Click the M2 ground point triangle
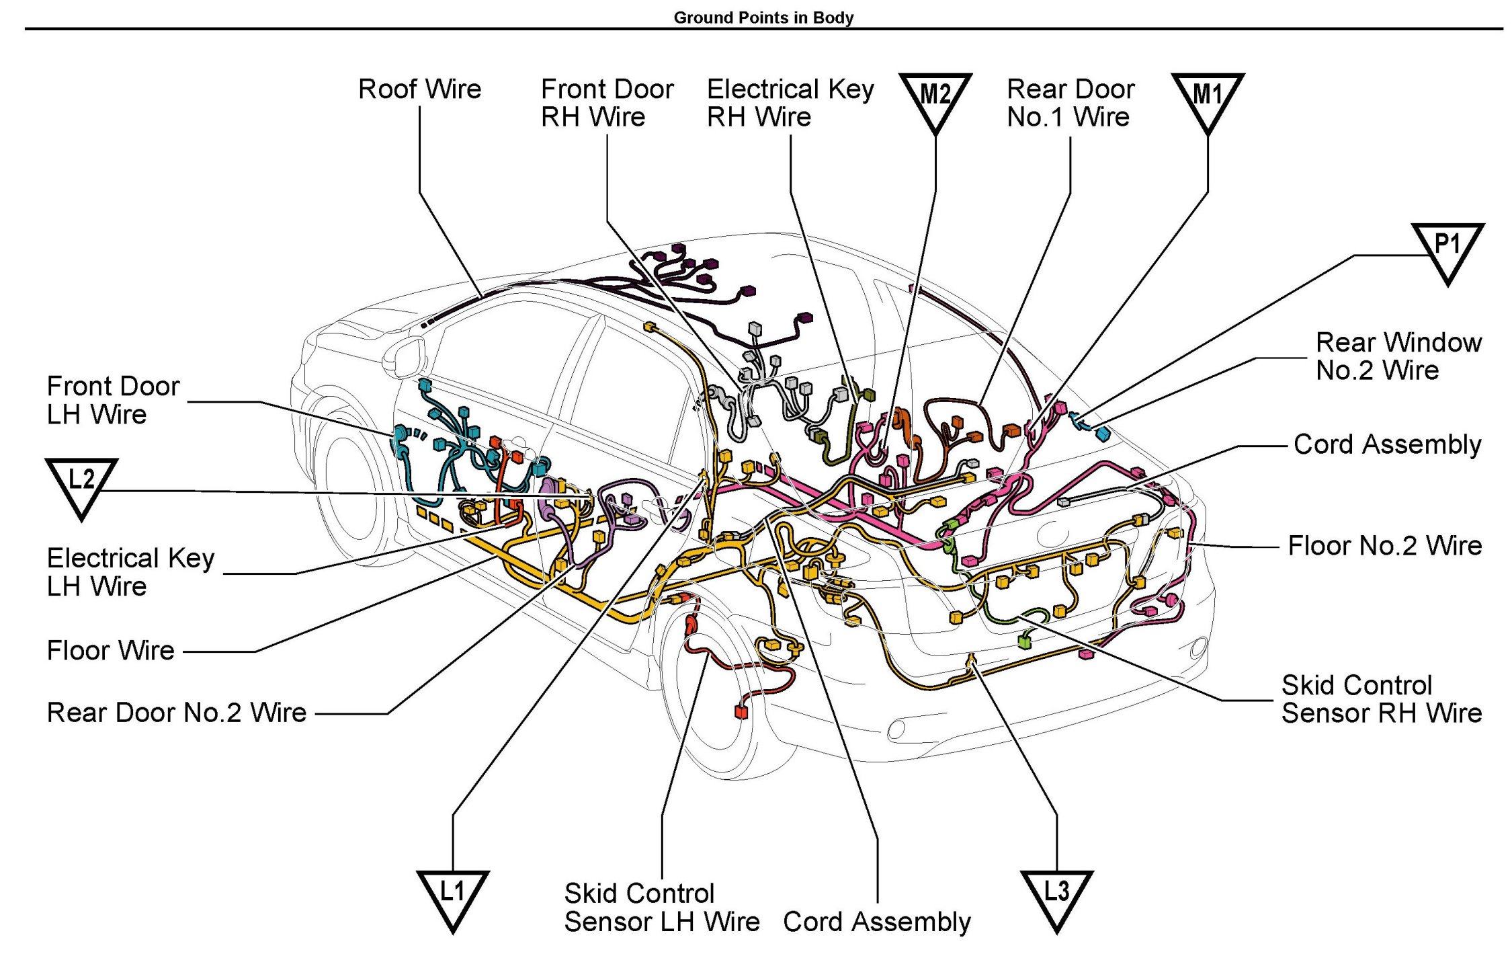pyautogui.click(x=935, y=98)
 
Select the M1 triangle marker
pyautogui.click(x=1208, y=98)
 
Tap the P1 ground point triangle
pyautogui.click(x=1447, y=248)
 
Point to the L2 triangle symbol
pyautogui.click(x=81, y=483)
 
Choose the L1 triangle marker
pyautogui.click(x=452, y=896)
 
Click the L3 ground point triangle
pyautogui.click(x=1056, y=896)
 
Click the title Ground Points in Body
pyautogui.click(x=763, y=17)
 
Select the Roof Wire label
pyautogui.click(x=419, y=89)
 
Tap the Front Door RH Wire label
pyautogui.click(x=607, y=103)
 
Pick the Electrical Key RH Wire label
pyautogui.click(x=790, y=103)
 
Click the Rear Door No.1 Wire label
pyautogui.click(x=1070, y=103)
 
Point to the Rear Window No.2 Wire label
pyautogui.click(x=1398, y=356)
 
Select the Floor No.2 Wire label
pyautogui.click(x=1384, y=546)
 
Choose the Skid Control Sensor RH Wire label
pyautogui.click(x=1381, y=699)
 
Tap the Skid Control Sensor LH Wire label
pyautogui.click(x=661, y=908)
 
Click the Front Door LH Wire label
pyautogui.click(x=113, y=401)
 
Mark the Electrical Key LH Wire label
pyautogui.click(x=130, y=572)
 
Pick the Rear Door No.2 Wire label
pyautogui.click(x=176, y=713)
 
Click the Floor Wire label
pyautogui.click(x=110, y=651)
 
